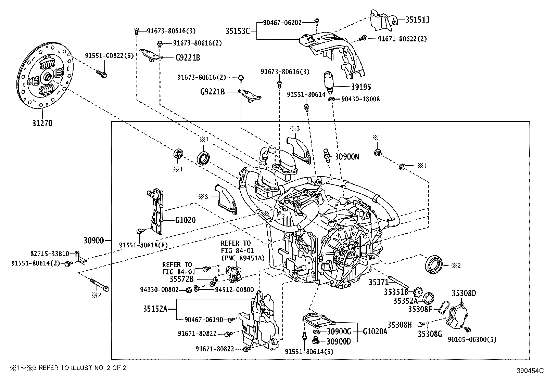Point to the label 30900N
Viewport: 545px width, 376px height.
pyautogui.click(x=347, y=157)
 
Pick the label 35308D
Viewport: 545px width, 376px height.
pyautogui.click(x=464, y=293)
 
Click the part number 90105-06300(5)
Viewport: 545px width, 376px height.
pyautogui.click(x=472, y=339)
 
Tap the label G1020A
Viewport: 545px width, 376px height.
pyautogui.click(x=375, y=331)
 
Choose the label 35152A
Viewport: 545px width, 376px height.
pyautogui.click(x=155, y=309)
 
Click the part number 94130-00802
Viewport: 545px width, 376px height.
pyautogui.click(x=159, y=290)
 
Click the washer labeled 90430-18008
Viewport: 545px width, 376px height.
pyautogui.click(x=331, y=99)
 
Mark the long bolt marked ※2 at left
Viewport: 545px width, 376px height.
pyautogui.click(x=99, y=285)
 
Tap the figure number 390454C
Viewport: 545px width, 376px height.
pyautogui.click(x=530, y=371)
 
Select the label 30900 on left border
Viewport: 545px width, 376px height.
pyautogui.click(x=93, y=240)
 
